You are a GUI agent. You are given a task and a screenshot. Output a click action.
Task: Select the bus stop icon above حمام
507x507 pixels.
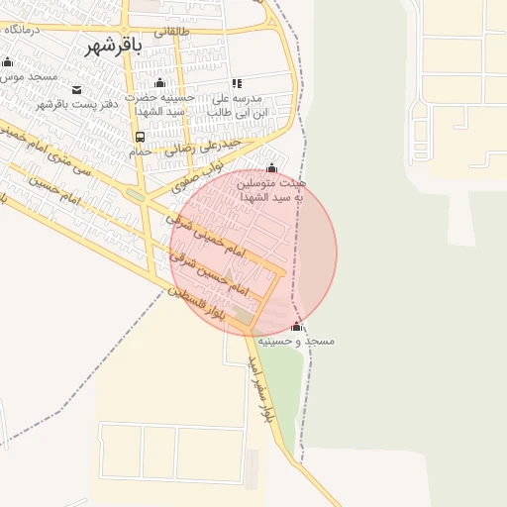coord(140,138)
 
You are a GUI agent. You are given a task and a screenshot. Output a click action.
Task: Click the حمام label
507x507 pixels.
coord(140,152)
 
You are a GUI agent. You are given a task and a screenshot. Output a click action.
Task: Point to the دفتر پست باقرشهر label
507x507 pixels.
coord(77,103)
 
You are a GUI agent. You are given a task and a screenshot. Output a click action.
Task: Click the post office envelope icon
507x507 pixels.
coord(77,90)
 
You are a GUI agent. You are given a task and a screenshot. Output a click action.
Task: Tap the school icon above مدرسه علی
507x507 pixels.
coord(236,84)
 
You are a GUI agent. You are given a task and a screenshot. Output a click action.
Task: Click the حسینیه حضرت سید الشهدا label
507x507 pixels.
coord(161,106)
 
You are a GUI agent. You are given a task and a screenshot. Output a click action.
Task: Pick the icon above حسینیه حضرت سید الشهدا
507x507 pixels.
coord(160,83)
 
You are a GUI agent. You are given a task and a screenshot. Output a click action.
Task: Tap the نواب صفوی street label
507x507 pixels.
coord(191,180)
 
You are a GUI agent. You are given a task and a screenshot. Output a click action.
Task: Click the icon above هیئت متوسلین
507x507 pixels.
coord(272,167)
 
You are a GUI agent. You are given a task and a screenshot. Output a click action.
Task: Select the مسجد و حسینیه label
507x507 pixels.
coord(296,340)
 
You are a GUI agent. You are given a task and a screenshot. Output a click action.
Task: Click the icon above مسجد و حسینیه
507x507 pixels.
coord(296,326)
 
